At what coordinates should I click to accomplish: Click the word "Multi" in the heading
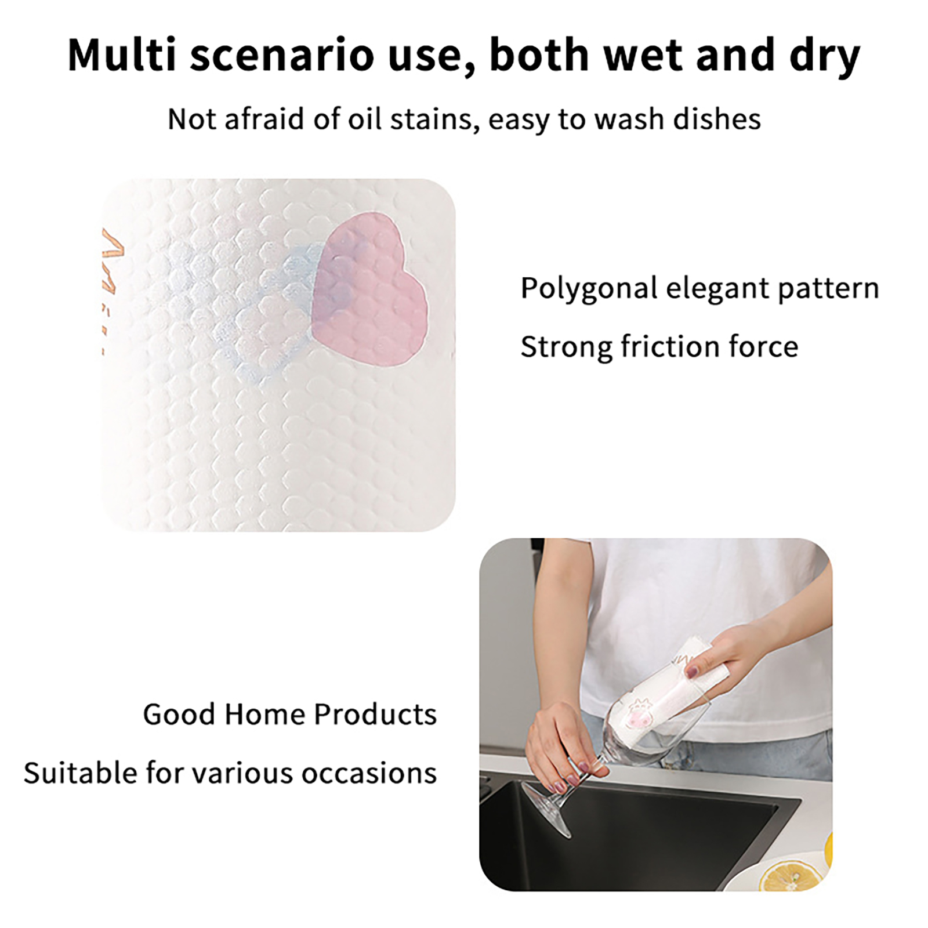[x=121, y=55]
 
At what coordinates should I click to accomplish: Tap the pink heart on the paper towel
[x=369, y=289]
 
